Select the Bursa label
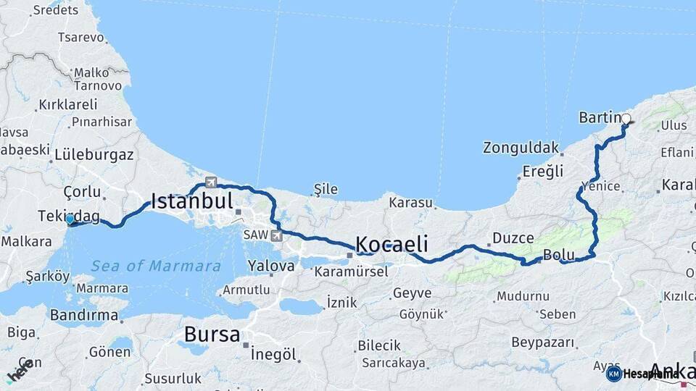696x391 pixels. pos(212,335)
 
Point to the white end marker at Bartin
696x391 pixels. pos(626,119)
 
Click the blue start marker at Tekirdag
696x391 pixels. pos(70,219)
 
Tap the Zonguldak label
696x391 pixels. pos(521,148)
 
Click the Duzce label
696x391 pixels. pos(513,237)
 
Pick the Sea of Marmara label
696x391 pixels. pos(156,266)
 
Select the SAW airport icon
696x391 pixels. pos(276,235)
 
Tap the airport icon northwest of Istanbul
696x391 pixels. pos(211,182)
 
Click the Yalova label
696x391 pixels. pos(271,265)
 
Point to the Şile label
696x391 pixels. pos(325,189)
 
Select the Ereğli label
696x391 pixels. pos(543,172)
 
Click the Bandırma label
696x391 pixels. pos(84,315)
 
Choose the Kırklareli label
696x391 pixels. pos(67,104)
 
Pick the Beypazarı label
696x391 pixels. pos(543,341)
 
